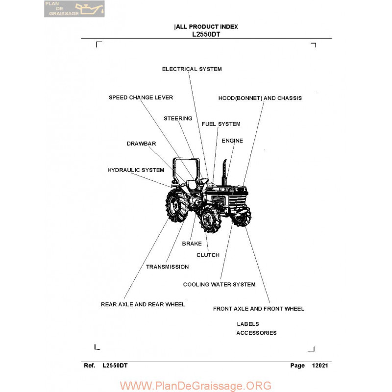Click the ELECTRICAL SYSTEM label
[192, 69]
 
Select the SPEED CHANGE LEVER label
[141, 98]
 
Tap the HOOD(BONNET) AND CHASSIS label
[260, 98]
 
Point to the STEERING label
[178, 119]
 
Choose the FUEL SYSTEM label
[221, 124]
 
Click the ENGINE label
[232, 141]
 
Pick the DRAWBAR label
[141, 144]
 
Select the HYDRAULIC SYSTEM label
[136, 170]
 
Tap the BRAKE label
[192, 244]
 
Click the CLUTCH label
[208, 255]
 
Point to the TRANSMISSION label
[167, 267]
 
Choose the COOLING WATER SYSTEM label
[219, 285]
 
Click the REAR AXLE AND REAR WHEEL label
[143, 304]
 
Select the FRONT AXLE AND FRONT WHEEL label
[259, 309]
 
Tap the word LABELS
[248, 324]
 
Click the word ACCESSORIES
[256, 333]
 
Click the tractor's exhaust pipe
[224, 171]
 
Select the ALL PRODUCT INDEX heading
[206, 27]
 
